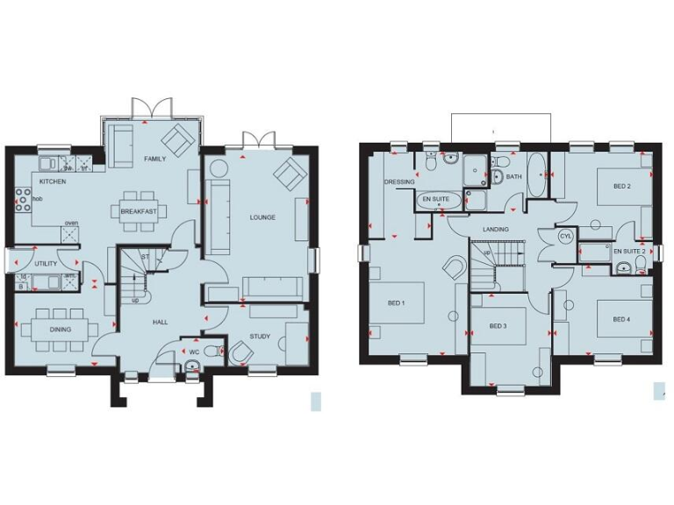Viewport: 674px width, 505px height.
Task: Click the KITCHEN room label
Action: click(x=53, y=181)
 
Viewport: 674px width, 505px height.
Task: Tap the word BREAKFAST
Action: click(x=139, y=211)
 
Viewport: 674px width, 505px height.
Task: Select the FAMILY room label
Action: click(x=155, y=159)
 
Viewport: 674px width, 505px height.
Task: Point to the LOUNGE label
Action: click(x=262, y=217)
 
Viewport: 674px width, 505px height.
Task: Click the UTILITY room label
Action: click(x=46, y=264)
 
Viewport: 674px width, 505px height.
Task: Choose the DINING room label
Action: click(x=60, y=330)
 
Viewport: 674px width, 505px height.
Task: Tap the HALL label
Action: click(x=161, y=323)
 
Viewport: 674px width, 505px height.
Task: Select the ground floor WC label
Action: click(x=194, y=352)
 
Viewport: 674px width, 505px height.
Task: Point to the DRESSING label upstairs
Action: click(x=399, y=182)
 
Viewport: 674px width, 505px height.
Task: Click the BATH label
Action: click(x=513, y=176)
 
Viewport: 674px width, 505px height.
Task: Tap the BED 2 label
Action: click(x=621, y=187)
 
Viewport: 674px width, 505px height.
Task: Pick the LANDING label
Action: click(x=496, y=230)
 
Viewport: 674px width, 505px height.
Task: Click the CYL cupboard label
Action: click(x=565, y=236)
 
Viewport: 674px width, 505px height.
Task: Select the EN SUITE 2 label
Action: click(x=628, y=252)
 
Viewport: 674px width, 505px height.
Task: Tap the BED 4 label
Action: click(x=621, y=318)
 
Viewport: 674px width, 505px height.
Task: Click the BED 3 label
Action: click(x=498, y=326)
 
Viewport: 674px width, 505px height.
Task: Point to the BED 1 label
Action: click(x=396, y=302)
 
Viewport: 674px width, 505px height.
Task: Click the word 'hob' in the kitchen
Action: click(x=38, y=199)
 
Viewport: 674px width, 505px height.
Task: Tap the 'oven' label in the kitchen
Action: click(x=71, y=223)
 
